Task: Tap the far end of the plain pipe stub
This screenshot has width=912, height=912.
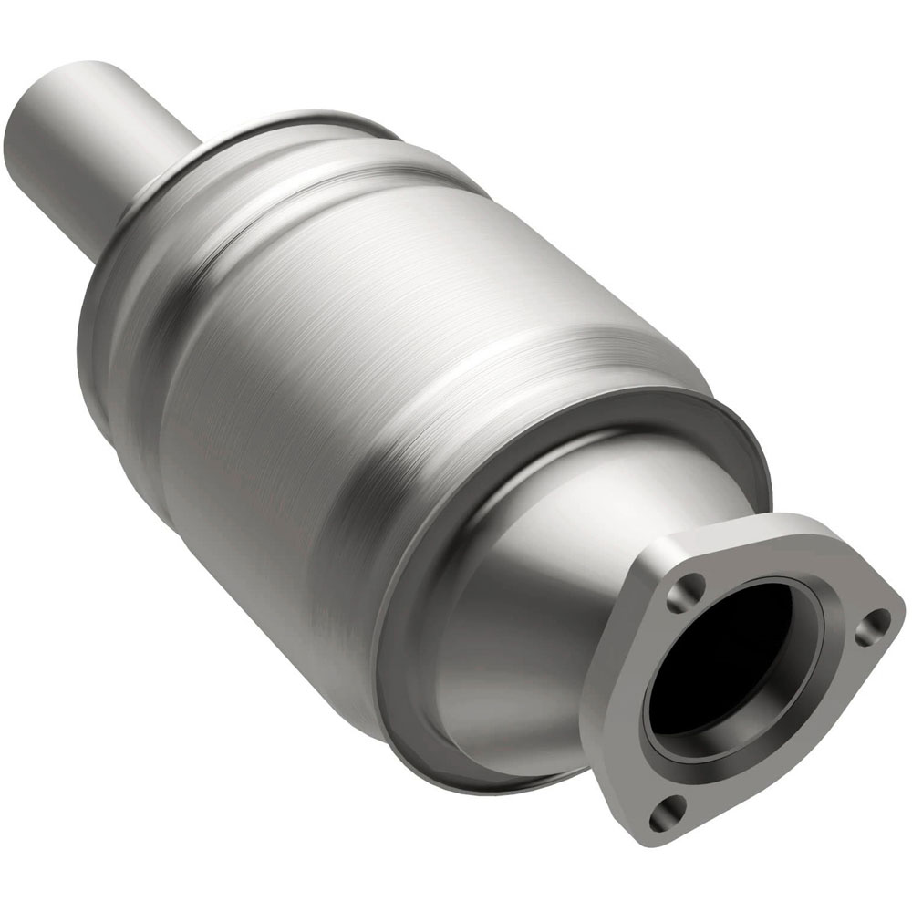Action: (36, 137)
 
